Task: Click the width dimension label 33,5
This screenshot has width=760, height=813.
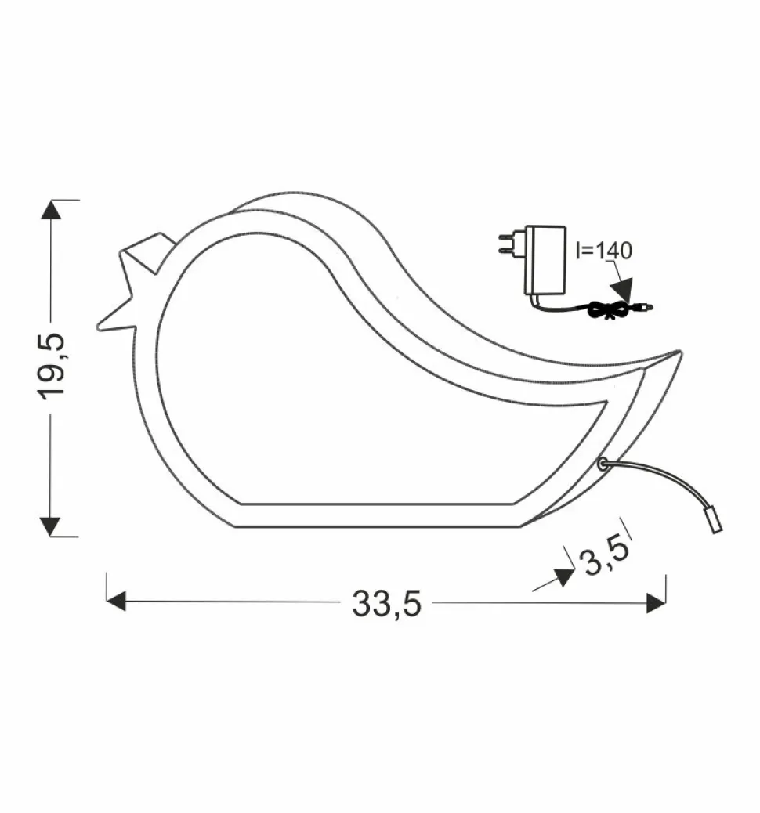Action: (386, 603)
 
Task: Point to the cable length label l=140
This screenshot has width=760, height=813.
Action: (603, 251)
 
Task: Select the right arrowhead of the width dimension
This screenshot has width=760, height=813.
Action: (656, 602)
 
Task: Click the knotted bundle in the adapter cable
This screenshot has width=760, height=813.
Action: (607, 312)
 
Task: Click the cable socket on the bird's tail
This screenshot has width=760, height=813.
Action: (602, 464)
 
